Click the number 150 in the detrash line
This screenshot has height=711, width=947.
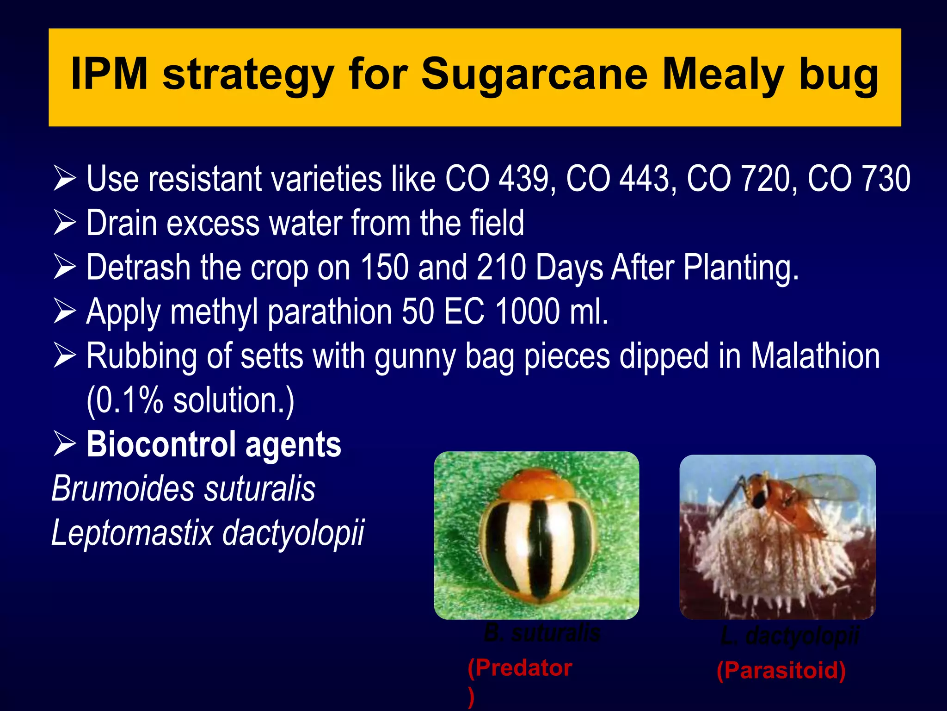(384, 267)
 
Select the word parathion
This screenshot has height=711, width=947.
(330, 312)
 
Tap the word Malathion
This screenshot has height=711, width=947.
(815, 356)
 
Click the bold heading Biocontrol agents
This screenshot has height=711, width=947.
(214, 444)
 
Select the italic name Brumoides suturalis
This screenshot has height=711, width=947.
(183, 489)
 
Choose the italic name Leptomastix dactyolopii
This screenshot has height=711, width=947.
(208, 533)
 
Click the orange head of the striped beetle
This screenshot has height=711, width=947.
(538, 484)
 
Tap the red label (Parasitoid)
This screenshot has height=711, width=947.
(781, 670)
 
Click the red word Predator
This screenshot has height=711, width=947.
(523, 668)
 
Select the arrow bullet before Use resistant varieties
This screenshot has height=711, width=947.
(65, 179)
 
